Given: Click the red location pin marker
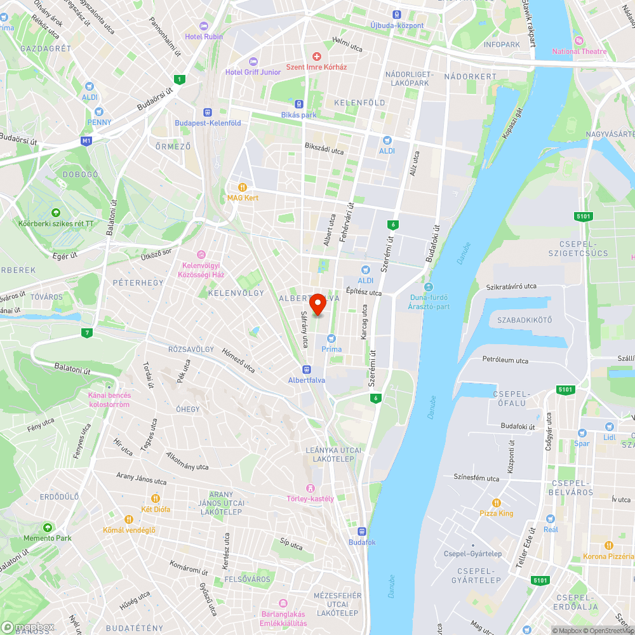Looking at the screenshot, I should coord(317,304).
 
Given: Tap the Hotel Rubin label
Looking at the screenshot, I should coord(203,36).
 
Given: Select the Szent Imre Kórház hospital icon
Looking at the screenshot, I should coord(316,57).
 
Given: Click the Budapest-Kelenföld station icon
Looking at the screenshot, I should coord(208,112).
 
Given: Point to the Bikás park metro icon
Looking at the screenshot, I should coord(298,104).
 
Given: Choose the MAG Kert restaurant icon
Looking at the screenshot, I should coord(242,187).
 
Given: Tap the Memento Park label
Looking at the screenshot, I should coord(47,538).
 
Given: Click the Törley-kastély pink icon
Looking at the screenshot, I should coord(310,488).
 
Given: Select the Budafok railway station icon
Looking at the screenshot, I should coord(362,531).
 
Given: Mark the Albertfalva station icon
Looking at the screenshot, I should coord(307,369).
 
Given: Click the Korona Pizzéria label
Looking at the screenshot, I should coord(608,556).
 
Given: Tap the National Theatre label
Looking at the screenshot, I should coord(578,51).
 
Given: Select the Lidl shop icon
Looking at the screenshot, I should coord(609,427).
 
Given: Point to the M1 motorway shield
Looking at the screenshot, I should coord(87,141).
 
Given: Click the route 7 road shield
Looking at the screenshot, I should coord(87,332).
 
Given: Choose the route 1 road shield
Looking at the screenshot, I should coord(181,79).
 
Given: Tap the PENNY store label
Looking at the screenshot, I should coord(99,122).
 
